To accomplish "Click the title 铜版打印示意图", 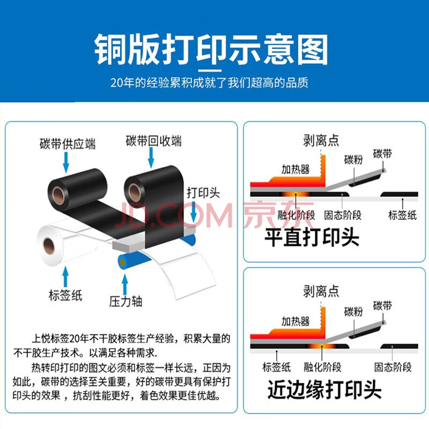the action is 211,49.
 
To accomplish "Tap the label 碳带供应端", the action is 68,144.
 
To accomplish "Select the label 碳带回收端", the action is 153,141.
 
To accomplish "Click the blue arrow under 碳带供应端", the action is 66,162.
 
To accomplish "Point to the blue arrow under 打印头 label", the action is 194,212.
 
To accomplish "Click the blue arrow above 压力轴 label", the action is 125,285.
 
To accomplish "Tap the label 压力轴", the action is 125,301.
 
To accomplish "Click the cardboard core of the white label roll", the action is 49,246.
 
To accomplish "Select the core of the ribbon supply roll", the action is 58,196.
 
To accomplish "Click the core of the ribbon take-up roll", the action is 135,193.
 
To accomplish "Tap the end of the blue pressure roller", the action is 122,263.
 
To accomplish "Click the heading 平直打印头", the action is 312,237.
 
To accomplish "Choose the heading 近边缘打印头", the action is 324,389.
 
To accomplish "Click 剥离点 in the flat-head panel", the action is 321,140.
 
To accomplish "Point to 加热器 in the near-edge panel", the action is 295,321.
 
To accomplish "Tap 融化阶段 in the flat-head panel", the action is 297,216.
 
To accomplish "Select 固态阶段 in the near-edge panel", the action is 393,367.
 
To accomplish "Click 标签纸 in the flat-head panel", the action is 403,215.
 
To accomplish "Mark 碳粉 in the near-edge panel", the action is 353,312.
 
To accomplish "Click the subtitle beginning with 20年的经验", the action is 210,83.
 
